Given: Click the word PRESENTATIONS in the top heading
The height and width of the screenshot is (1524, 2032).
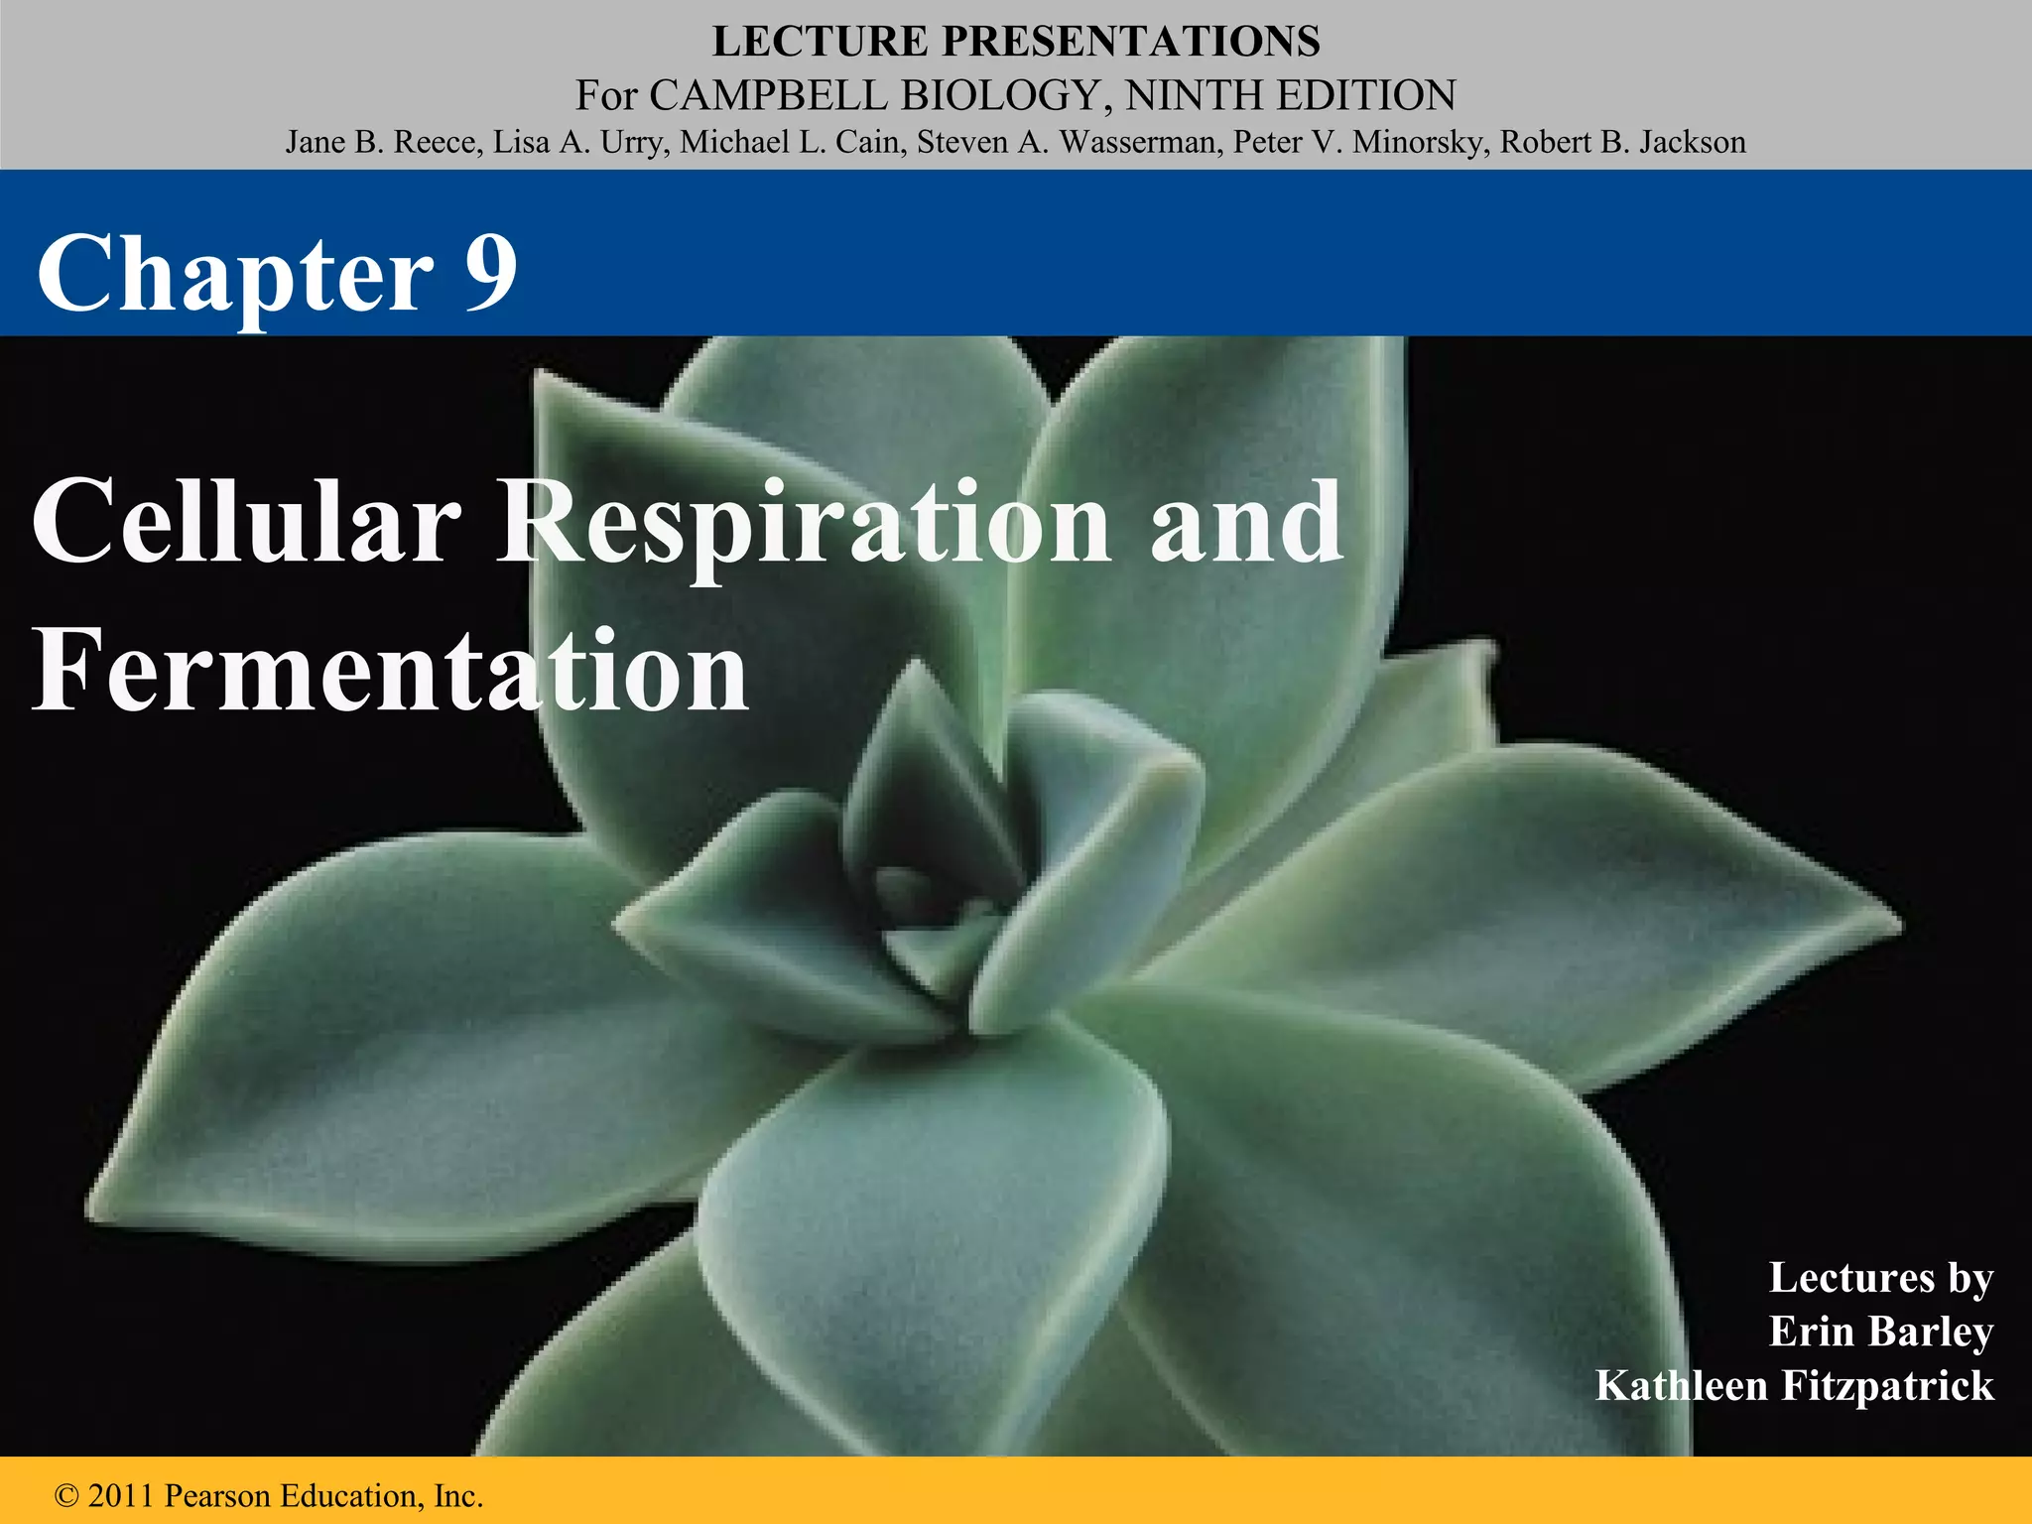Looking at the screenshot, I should [x=1130, y=42].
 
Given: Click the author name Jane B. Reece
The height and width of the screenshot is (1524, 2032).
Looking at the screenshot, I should [x=383, y=142].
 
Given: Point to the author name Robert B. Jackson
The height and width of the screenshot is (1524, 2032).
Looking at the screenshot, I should [x=1622, y=142].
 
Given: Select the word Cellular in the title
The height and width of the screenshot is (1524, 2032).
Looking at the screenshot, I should [x=247, y=521].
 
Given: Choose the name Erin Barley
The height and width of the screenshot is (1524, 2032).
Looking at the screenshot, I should [x=1880, y=1332].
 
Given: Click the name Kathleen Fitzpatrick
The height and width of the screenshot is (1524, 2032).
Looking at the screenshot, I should [x=1794, y=1385].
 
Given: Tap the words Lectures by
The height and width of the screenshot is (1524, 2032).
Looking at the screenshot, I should [x=1880, y=1278].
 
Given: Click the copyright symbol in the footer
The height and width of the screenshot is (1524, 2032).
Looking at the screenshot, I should [x=67, y=1495].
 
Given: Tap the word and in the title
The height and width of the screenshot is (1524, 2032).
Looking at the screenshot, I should [x=1246, y=521].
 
